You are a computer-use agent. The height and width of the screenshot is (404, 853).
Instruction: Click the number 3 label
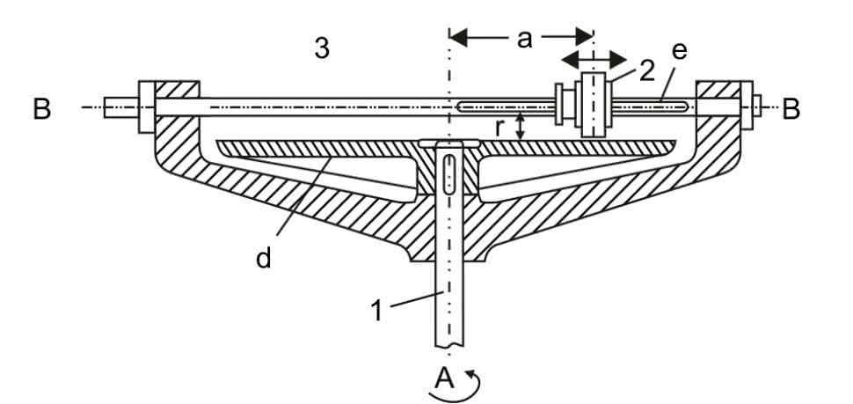323,48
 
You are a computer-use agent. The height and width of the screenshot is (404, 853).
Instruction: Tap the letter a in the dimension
525,40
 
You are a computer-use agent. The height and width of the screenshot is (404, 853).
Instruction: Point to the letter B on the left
41,109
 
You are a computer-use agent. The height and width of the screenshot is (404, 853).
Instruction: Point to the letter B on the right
791,109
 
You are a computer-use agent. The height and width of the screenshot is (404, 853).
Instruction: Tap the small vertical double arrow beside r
521,125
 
